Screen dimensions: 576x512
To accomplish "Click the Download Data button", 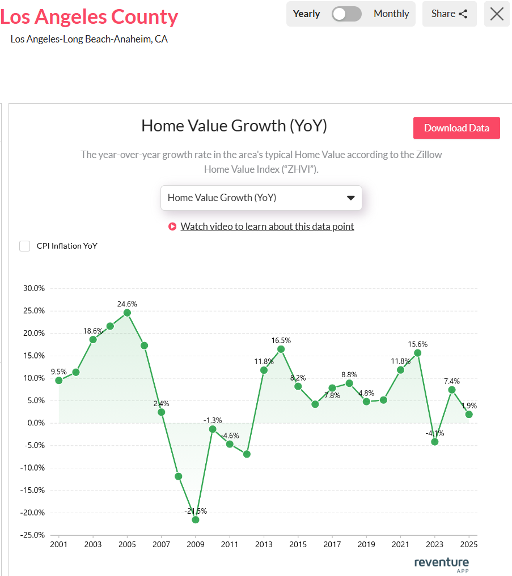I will [456, 128].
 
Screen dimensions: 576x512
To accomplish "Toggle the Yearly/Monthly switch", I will [346, 14].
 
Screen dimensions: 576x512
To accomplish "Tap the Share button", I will [449, 14].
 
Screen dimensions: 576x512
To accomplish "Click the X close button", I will [497, 14].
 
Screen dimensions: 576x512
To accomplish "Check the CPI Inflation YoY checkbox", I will [25, 246].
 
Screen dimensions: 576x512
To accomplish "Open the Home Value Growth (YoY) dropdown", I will [261, 198].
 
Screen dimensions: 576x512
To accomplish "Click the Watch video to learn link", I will [267, 227].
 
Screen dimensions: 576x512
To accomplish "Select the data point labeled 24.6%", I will [127, 313].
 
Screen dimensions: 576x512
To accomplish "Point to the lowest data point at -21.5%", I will [196, 519].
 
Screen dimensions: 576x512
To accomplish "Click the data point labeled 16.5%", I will [281, 349].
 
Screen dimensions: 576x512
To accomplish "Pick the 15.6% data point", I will [418, 353].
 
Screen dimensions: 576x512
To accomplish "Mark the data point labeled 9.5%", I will [59, 380].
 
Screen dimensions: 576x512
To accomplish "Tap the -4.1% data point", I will [435, 441].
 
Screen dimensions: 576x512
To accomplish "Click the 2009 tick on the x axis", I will [196, 545].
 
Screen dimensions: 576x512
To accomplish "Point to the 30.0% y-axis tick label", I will [33, 288].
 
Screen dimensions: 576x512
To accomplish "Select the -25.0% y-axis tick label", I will [32, 535].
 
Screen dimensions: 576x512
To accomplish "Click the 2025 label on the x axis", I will [469, 545].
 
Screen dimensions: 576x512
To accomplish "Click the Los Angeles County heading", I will [89, 17].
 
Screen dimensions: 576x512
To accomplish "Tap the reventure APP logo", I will [442, 564].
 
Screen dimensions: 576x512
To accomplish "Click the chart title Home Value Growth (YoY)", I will [234, 126].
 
